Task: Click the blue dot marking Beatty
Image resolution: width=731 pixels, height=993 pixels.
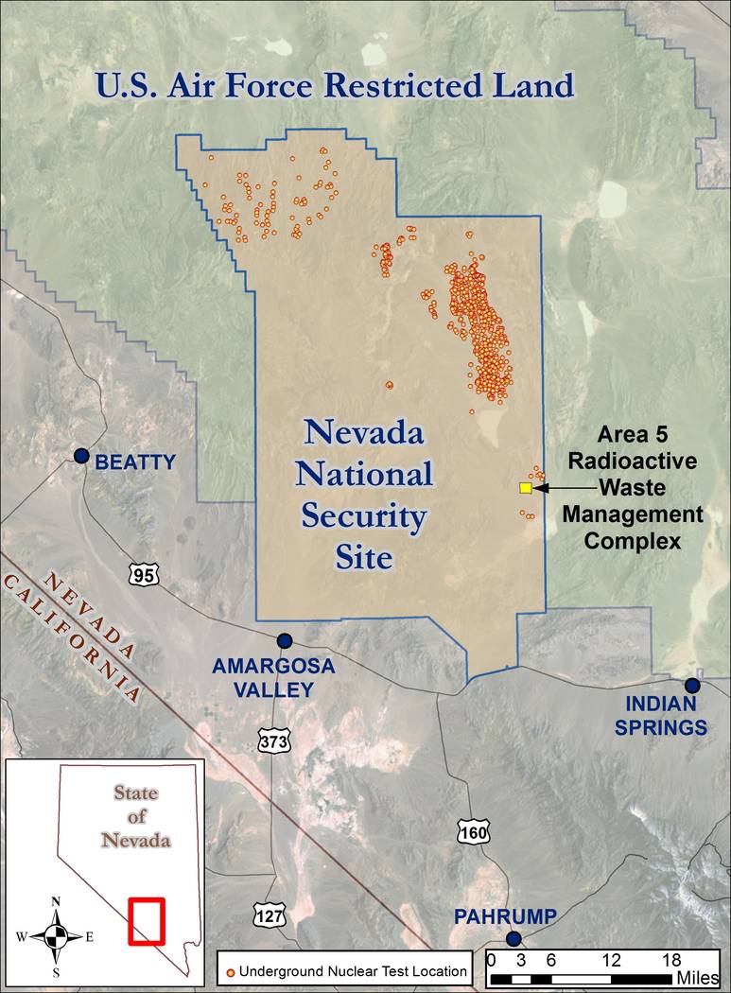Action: coord(82,456)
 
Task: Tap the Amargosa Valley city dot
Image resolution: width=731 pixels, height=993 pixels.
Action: coord(284,640)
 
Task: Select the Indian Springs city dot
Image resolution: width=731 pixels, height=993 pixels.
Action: coord(692,686)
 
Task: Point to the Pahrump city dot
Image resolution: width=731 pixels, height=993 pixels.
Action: coord(513,938)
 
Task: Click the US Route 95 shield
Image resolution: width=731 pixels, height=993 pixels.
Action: coord(144,572)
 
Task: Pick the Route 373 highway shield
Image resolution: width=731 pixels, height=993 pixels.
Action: coord(272,741)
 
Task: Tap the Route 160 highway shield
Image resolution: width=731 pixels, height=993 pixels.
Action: coord(472,831)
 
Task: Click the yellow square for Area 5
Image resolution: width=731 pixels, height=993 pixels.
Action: coord(525,488)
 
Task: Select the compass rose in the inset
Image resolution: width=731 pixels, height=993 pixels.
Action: coord(56,935)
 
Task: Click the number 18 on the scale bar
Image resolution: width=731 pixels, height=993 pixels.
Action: coord(670,959)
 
